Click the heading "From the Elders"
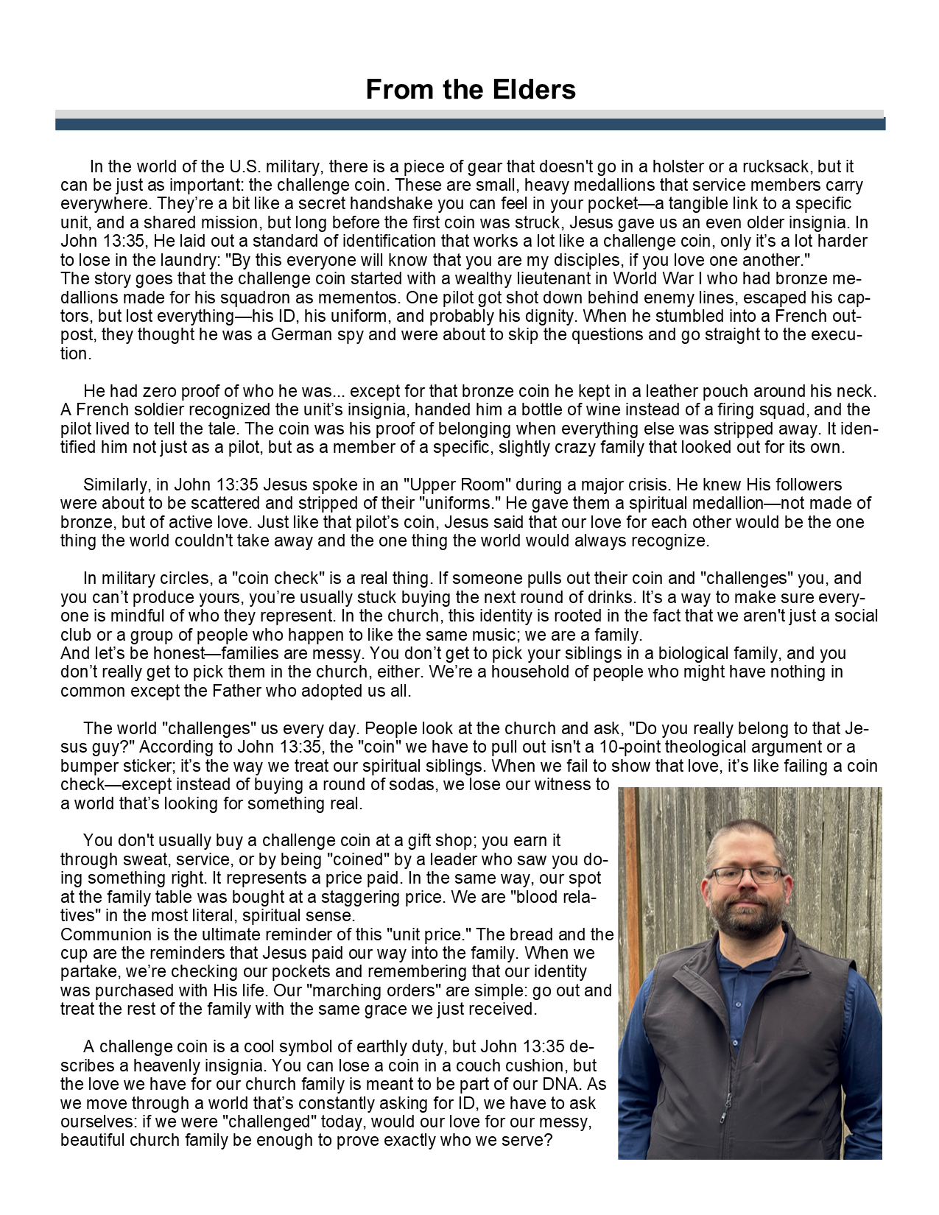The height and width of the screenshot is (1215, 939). tap(470, 90)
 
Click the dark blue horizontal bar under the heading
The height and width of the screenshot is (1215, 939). tap(470, 124)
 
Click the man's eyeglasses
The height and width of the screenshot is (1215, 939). tap(747, 875)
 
